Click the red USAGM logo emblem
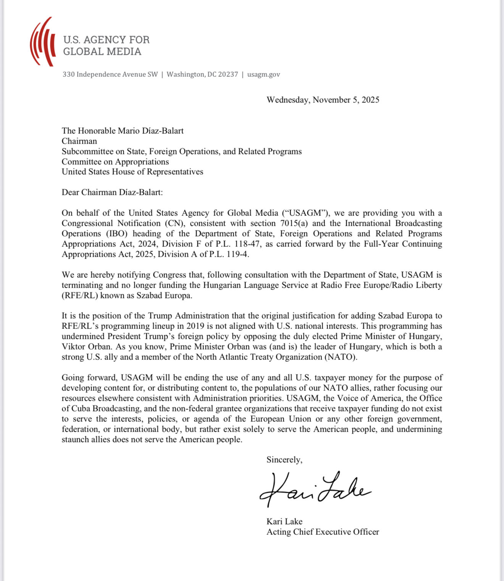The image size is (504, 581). point(42,42)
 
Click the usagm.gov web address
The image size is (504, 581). point(263,74)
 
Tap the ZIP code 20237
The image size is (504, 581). point(228,74)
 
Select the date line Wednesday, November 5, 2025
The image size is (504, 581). point(323,100)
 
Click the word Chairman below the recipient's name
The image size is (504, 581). point(79,141)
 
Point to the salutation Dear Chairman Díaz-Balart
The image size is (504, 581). point(112,192)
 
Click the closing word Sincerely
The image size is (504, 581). point(284,460)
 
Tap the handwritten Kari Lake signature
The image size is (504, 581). point(315,490)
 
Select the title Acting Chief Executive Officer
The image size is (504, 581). point(323,532)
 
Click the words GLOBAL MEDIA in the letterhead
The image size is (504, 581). point(102,52)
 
